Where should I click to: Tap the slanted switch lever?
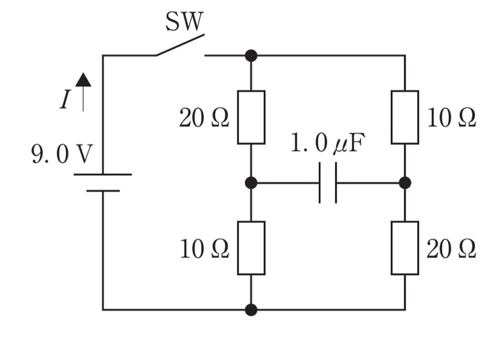tap(180, 45)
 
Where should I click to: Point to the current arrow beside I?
tap(83, 92)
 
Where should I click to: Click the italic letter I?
tap(65, 99)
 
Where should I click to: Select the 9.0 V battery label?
tap(62, 154)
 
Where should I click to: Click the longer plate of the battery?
tap(103, 174)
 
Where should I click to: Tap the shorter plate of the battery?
tap(103, 191)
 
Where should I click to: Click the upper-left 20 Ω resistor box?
tap(251, 117)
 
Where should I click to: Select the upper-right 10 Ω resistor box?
tap(405, 117)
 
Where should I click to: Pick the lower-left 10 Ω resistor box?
tap(251, 248)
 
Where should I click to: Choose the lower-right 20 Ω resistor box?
tap(405, 248)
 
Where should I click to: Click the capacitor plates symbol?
tap(328, 183)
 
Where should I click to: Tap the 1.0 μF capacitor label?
tap(328, 143)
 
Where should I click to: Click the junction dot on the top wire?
tap(251, 55)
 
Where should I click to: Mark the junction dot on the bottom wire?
tap(251, 310)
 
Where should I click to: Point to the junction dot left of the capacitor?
tap(251, 183)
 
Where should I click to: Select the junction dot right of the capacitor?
tap(405, 183)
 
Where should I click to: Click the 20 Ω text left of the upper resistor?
tap(204, 118)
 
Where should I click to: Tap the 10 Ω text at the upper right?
tap(451, 118)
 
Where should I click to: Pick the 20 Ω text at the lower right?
tap(451, 249)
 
